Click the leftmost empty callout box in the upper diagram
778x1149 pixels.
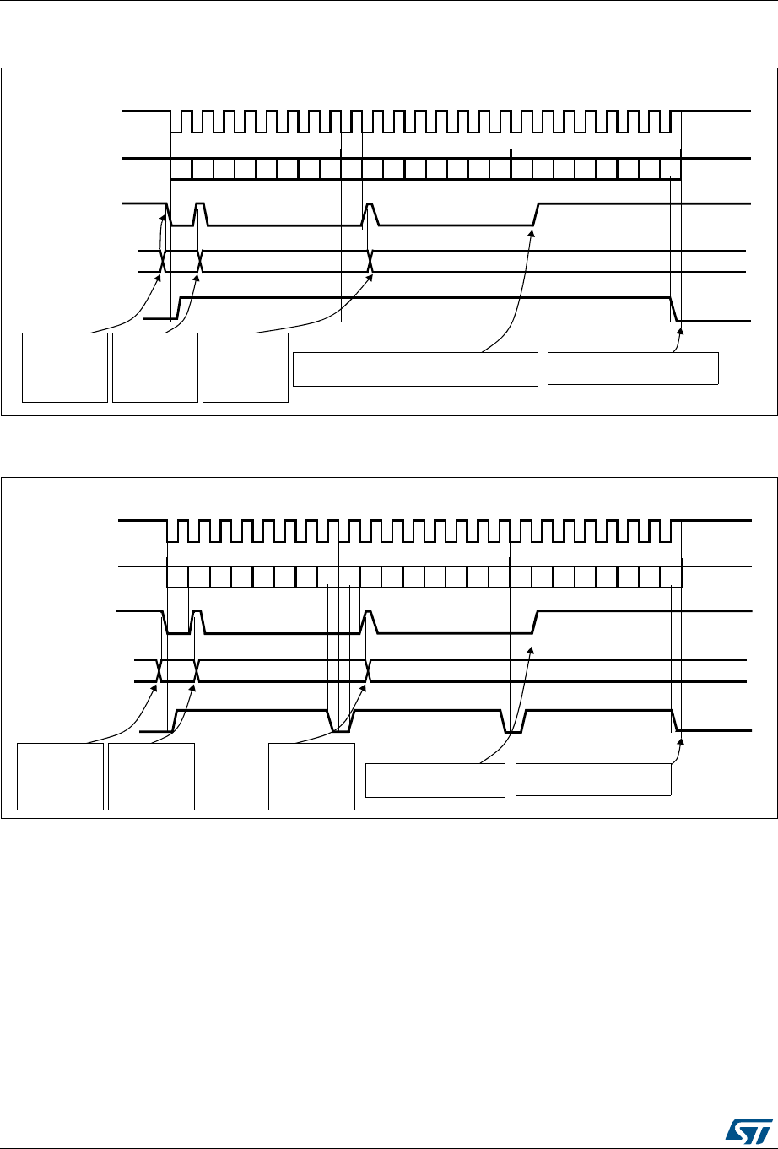[x=65, y=367]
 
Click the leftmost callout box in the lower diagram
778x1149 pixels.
[x=61, y=777]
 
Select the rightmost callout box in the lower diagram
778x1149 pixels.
[x=593, y=779]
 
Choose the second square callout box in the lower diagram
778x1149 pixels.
[x=152, y=777]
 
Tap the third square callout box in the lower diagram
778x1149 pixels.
[x=311, y=777]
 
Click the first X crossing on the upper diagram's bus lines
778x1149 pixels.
[x=164, y=262]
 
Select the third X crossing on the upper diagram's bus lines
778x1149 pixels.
[x=371, y=262]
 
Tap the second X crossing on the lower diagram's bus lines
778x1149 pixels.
[x=196, y=670]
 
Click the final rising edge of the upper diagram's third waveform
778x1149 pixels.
[x=536, y=215]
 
